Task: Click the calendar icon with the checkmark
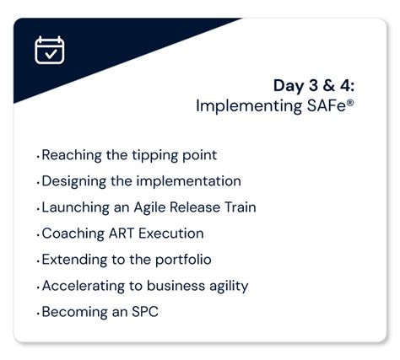click(x=50, y=51)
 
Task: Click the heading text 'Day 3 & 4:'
click(x=315, y=85)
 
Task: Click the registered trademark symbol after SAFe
click(x=351, y=101)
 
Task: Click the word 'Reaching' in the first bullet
click(x=72, y=155)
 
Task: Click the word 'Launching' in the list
click(x=75, y=207)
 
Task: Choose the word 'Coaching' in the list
click(x=73, y=234)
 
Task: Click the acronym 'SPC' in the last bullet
click(x=143, y=312)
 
